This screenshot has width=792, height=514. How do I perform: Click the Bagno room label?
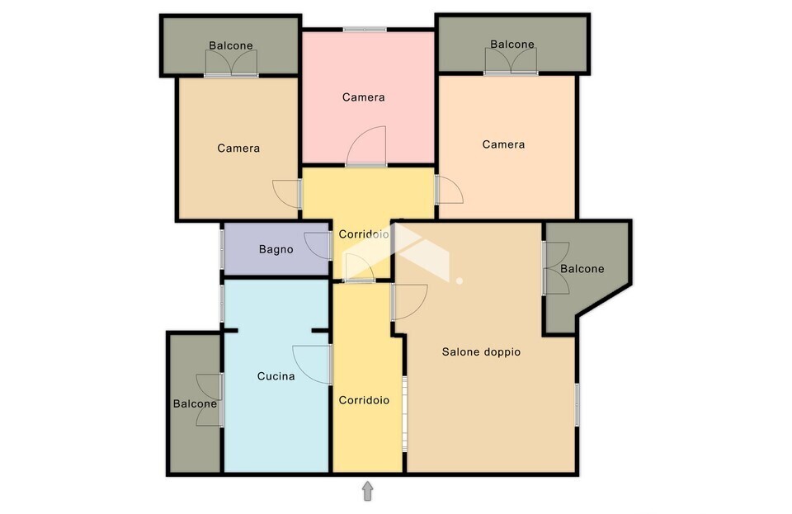click(x=276, y=249)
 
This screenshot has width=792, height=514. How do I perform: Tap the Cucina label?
click(x=276, y=376)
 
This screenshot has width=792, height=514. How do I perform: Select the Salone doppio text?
click(x=481, y=352)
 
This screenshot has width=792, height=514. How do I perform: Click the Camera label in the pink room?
click(x=363, y=97)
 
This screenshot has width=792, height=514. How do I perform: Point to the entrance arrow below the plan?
click(x=368, y=491)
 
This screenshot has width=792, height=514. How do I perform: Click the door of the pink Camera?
click(x=366, y=146)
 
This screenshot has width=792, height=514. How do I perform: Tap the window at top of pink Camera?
click(x=365, y=30)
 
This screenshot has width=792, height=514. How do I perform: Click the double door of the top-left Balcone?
click(x=231, y=64)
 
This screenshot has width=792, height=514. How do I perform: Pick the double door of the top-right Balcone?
click(x=511, y=62)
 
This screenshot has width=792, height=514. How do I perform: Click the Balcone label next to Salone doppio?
click(x=582, y=269)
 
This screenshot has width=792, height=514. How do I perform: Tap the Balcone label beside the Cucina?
click(x=195, y=404)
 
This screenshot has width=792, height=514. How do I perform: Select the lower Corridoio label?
click(x=364, y=400)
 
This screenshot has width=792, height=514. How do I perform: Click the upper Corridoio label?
click(x=364, y=234)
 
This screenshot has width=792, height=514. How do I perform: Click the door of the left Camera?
click(x=287, y=194)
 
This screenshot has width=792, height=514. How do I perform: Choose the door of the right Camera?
click(x=449, y=190)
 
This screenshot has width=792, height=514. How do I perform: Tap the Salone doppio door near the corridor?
click(x=409, y=302)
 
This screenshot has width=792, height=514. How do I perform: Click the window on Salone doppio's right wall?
click(x=577, y=404)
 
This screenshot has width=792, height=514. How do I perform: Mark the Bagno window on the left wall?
click(x=222, y=249)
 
